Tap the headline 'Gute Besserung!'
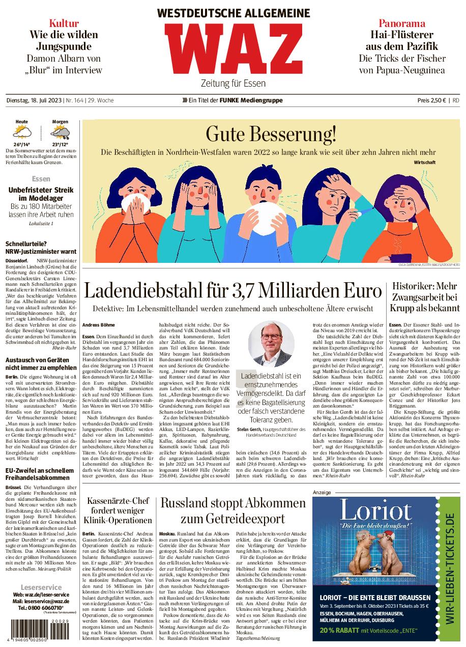[271, 134]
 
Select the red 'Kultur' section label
[64, 23]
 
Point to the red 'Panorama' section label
[402, 23]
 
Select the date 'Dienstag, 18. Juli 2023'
[33, 100]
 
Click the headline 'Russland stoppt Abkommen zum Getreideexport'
[233, 511]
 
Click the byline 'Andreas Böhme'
[99, 325]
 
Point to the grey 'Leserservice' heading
[41, 587]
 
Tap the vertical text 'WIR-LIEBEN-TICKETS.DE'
[449, 568]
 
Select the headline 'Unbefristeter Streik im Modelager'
[41, 194]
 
